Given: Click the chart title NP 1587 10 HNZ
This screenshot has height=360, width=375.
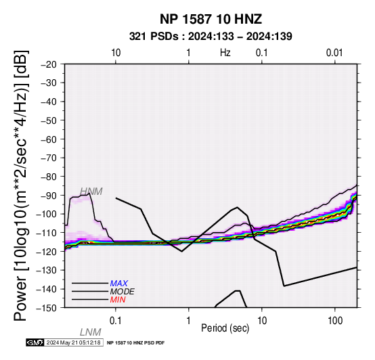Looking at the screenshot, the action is pos(211,19).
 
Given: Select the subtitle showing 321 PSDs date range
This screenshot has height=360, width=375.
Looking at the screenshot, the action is pos(211,37).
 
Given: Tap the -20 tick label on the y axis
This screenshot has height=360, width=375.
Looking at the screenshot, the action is pos(49,64).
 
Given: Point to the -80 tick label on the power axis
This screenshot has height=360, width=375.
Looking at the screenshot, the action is pos(49,177).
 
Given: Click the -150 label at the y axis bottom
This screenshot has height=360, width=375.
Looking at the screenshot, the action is pos(47,308).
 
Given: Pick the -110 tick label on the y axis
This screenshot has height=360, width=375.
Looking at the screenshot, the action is pos(47,233).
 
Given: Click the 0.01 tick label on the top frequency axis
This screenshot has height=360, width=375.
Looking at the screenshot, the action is pos(334,53).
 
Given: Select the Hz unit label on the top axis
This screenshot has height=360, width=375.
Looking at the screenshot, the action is pos(225,53).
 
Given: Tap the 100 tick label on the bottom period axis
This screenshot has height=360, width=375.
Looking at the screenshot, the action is pos(335,320).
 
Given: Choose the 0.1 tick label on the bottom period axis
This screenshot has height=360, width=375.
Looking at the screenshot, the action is pos(115,320).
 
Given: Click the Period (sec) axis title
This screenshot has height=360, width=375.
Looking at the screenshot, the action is pos(225,328).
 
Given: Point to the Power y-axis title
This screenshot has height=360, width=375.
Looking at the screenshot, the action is pos(21,185).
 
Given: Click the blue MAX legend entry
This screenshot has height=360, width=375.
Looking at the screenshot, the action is pos(119,284).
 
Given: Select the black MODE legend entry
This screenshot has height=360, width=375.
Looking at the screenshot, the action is pos(123,292).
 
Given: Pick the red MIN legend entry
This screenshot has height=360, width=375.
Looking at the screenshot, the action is pos(118,300).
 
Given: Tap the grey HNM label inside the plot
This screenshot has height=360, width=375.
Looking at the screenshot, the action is pos(91,192).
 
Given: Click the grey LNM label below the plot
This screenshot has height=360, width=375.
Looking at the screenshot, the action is pos(91,332).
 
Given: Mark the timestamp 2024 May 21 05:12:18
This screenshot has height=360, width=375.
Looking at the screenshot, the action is pos(73,342).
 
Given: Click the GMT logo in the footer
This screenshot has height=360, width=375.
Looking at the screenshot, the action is pos(35,342).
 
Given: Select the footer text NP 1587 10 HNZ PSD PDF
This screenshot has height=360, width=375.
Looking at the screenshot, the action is pos(135,343).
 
